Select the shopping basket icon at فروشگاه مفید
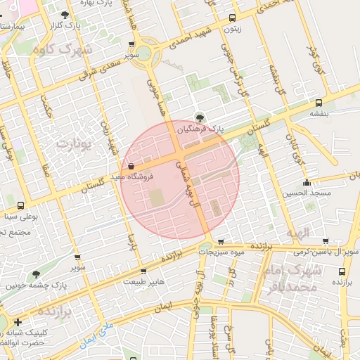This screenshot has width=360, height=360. [131, 166]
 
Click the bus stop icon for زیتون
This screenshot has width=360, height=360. [232, 18]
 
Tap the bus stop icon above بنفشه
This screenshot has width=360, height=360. [319, 102]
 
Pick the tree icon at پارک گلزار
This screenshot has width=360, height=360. [65, 15]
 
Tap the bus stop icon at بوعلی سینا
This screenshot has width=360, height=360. [20, 206]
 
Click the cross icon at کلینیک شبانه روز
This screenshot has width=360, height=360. [18, 321]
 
